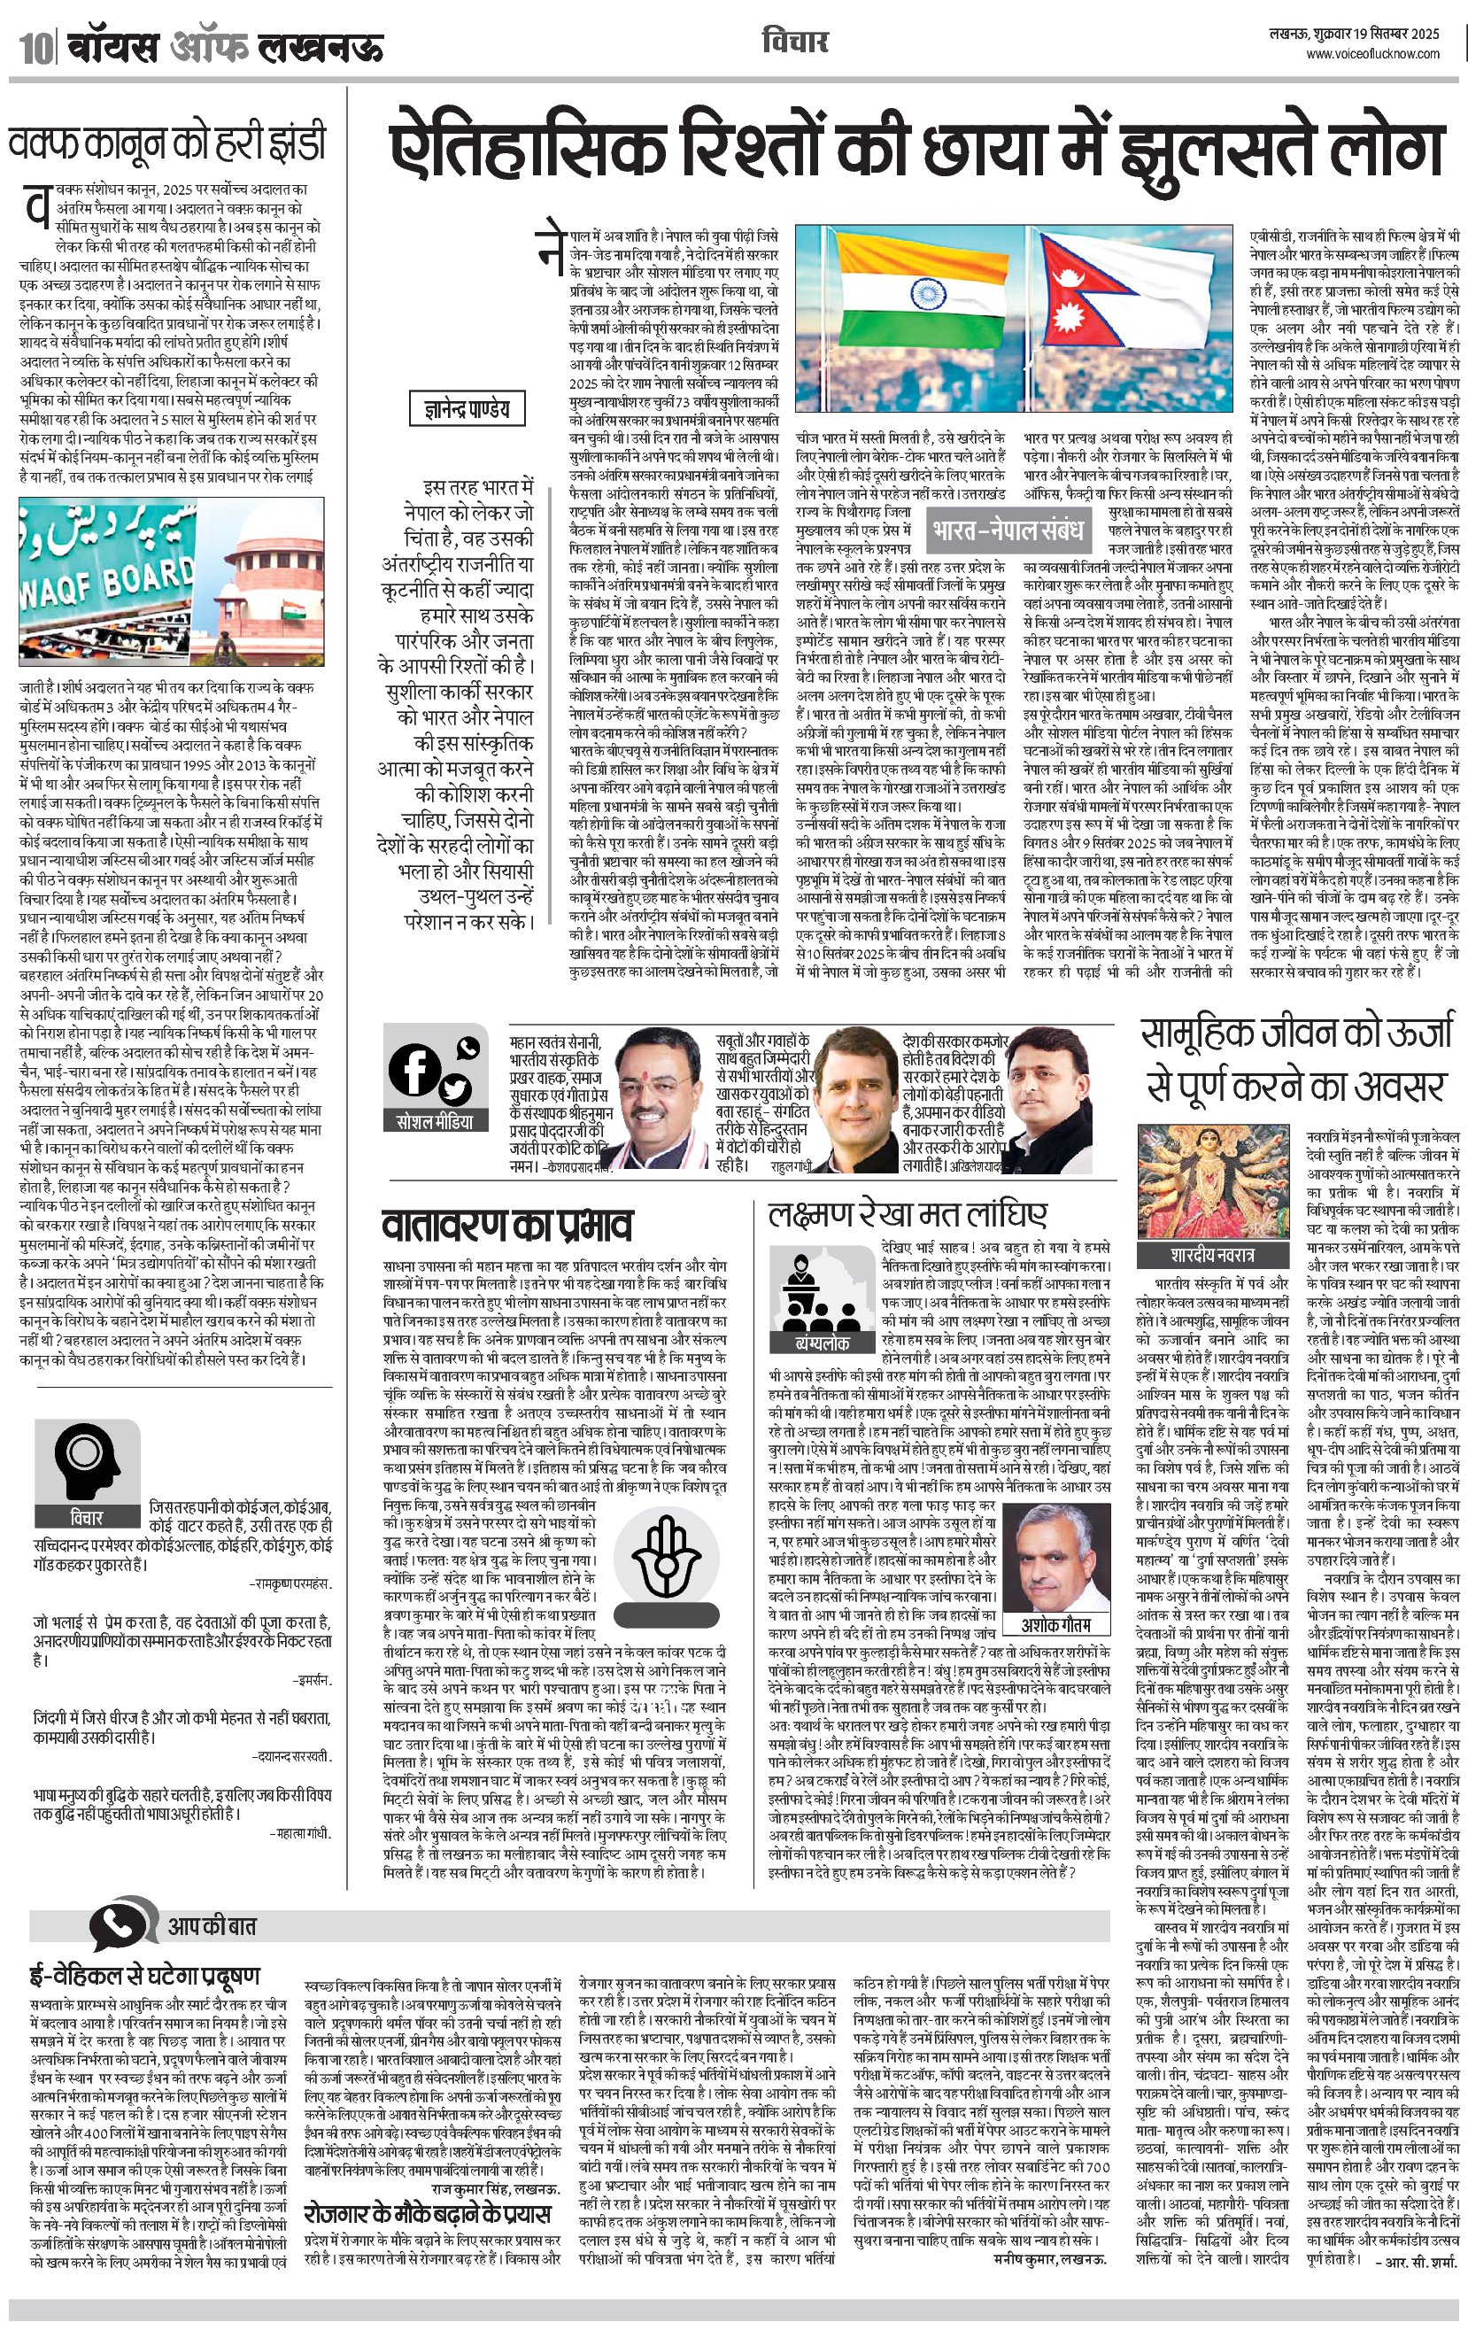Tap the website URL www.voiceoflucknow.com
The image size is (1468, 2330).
[1373, 54]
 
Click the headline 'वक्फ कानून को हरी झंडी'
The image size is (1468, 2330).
[167, 143]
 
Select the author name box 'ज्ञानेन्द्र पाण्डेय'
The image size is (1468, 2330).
[467, 409]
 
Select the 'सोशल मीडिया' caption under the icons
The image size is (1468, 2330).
[436, 1121]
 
